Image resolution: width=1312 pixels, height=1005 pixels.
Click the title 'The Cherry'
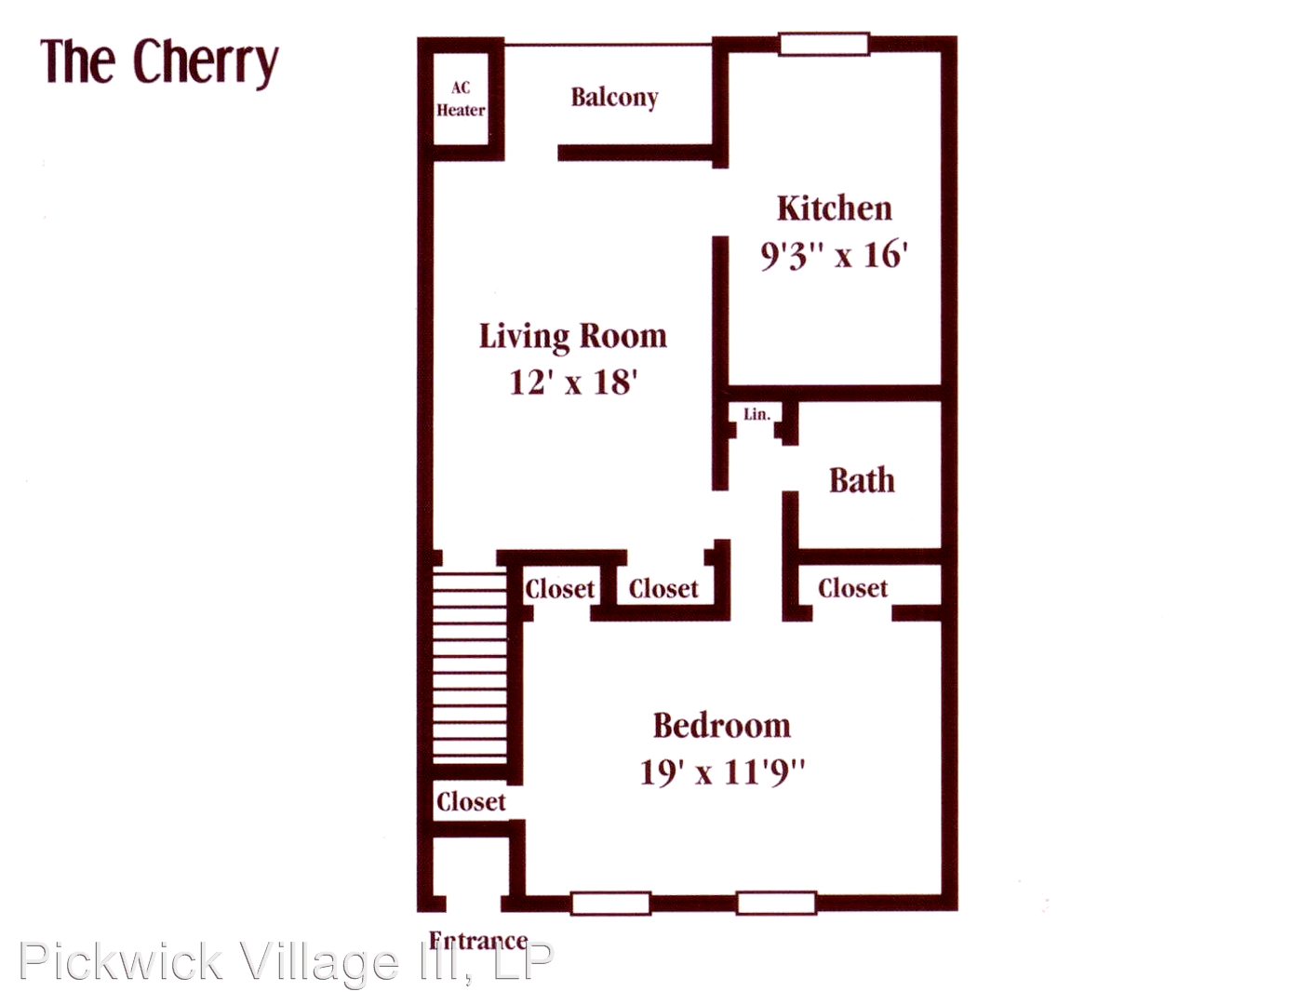[159, 63]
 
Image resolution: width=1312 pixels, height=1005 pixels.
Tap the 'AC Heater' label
[461, 100]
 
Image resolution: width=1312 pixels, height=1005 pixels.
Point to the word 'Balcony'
[614, 98]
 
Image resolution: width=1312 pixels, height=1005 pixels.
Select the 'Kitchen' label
[834, 208]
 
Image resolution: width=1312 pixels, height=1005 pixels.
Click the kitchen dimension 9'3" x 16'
[835, 255]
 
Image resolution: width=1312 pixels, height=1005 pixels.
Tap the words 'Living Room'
[573, 336]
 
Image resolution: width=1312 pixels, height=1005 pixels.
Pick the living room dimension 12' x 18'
[573, 382]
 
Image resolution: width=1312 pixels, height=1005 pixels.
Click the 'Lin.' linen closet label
[756, 415]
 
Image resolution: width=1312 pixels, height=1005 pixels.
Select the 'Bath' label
[862, 480]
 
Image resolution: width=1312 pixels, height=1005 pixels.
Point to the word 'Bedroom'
[721, 726]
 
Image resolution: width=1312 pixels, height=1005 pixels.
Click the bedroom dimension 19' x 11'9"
[722, 772]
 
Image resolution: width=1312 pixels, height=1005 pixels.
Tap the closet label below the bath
[852, 588]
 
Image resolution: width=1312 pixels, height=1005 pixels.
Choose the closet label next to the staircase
[560, 589]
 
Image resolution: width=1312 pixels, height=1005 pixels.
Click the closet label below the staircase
[471, 801]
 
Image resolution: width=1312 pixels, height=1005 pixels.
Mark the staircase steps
[470, 668]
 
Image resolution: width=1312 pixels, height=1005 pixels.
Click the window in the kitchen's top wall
[823, 44]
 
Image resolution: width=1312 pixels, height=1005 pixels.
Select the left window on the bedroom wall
[610, 904]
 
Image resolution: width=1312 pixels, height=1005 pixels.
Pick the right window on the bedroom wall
[776, 904]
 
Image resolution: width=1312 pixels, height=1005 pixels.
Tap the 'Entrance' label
[478, 941]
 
